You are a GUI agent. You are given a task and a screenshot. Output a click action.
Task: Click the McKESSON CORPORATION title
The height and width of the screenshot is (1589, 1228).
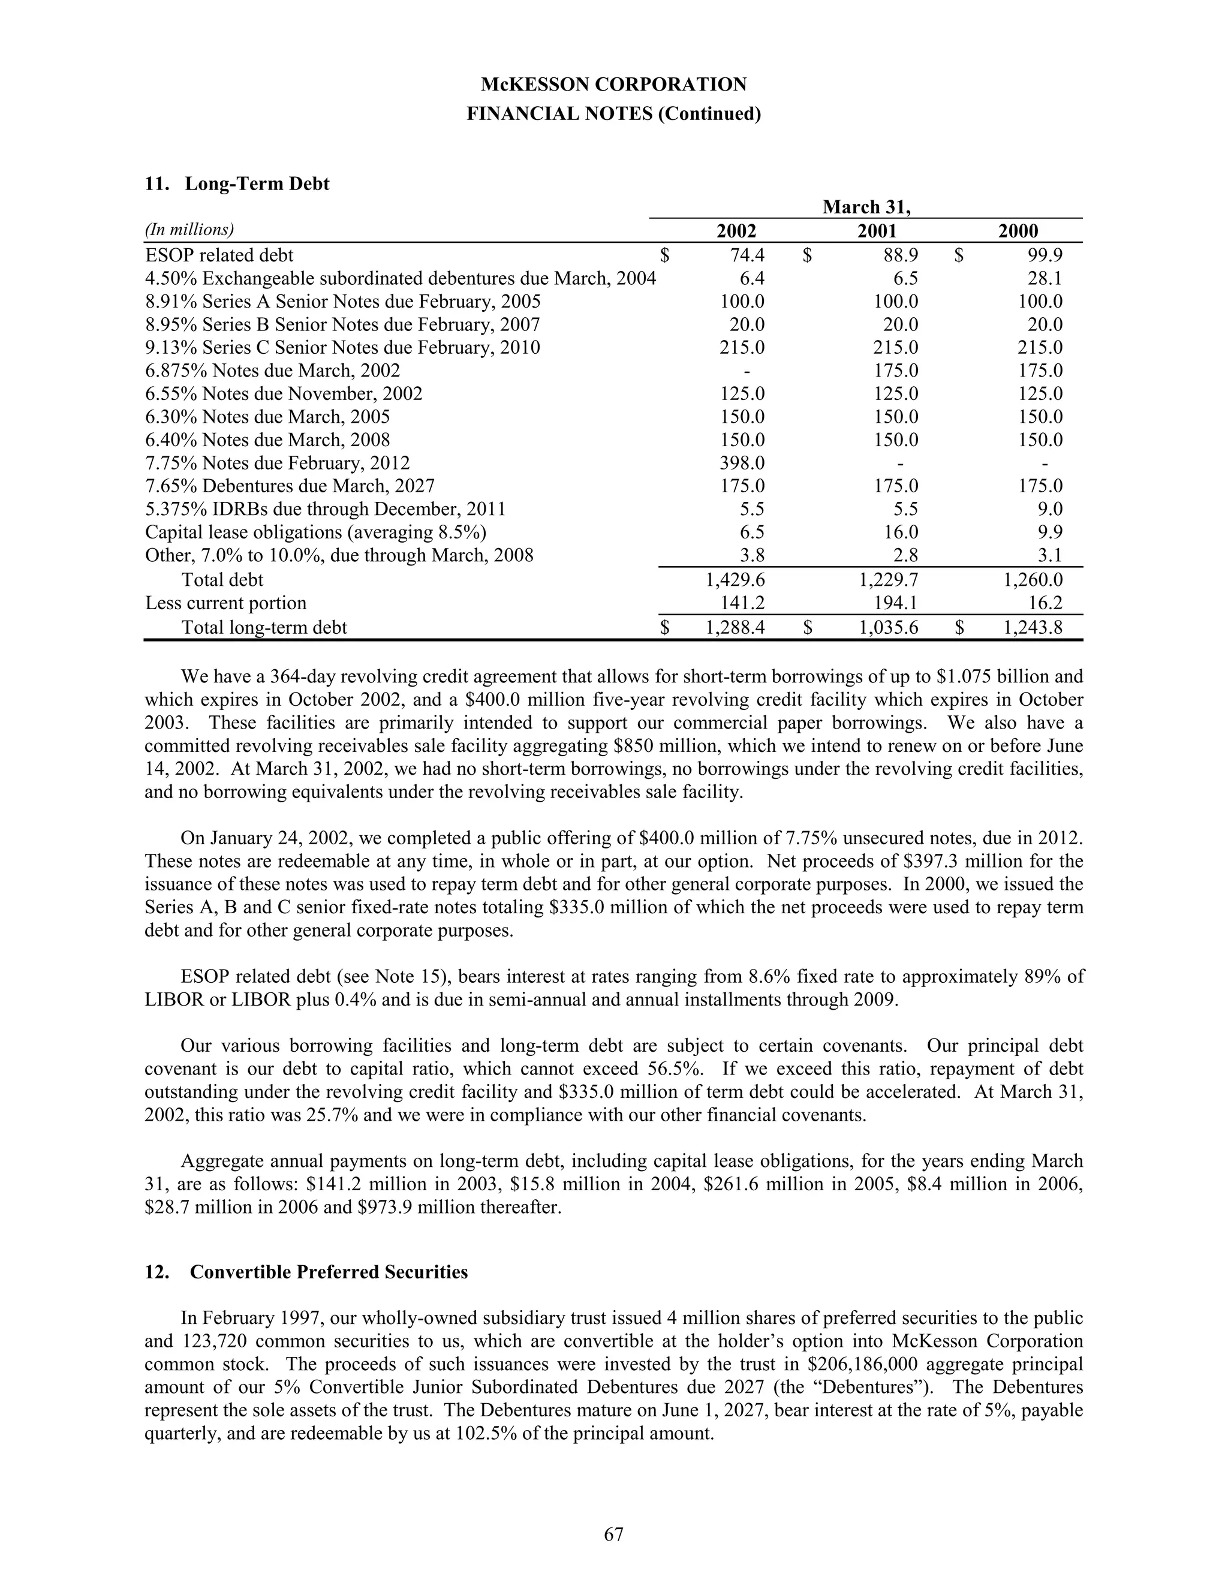coord(613,85)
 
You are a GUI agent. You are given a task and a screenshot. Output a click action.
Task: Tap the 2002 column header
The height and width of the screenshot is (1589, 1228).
coord(736,231)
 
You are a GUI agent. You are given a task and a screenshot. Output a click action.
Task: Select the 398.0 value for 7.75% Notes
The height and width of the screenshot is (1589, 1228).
coord(741,464)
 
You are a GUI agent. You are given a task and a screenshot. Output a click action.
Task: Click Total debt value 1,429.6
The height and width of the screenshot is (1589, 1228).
coord(735,580)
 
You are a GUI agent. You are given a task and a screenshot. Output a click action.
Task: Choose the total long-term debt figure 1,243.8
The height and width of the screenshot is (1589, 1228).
coord(1033,627)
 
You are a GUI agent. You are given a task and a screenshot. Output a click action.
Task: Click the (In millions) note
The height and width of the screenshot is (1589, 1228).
coord(189,230)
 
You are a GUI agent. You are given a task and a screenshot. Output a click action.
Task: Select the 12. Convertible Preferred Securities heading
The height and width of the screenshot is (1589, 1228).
coord(306,1272)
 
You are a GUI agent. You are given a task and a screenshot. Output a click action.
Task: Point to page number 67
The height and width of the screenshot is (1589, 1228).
coord(613,1534)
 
